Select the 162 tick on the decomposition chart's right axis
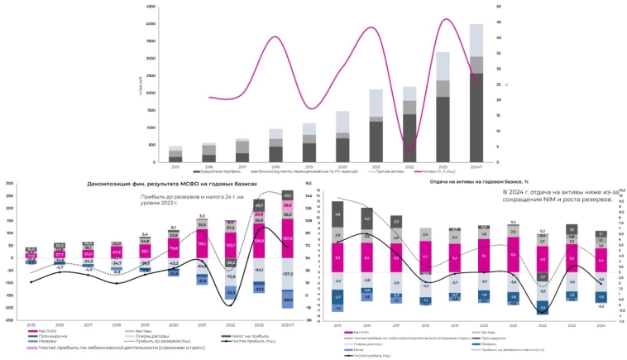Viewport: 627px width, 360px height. [308, 183]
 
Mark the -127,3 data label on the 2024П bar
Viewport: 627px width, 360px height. [287, 273]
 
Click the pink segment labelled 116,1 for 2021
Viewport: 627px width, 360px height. [201, 244]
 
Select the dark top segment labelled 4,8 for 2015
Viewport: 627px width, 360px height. [337, 214]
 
